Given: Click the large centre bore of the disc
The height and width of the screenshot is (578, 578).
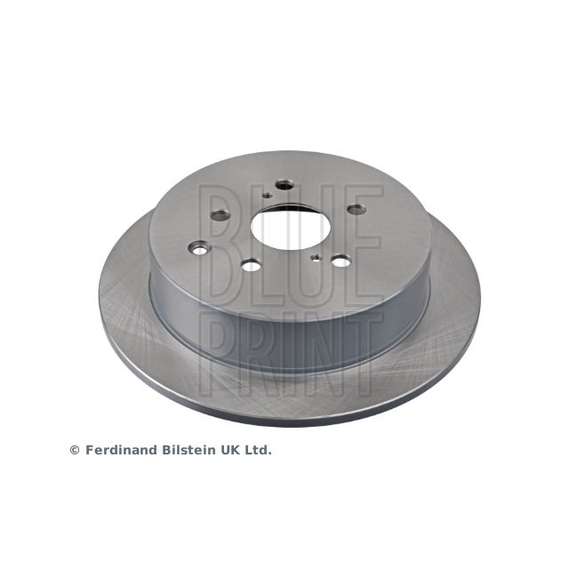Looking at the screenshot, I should (x=284, y=226).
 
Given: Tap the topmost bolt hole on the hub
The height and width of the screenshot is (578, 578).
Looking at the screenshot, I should (x=285, y=185).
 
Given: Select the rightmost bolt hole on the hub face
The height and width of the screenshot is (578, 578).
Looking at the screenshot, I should (x=356, y=209).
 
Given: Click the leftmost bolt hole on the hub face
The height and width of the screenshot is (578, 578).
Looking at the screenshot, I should (x=220, y=214).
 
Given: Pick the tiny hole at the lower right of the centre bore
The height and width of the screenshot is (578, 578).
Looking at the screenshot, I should (x=316, y=258).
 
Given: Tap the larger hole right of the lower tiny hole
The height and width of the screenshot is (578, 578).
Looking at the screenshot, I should (x=341, y=261).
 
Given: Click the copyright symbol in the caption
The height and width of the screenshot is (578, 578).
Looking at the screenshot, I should (x=75, y=450).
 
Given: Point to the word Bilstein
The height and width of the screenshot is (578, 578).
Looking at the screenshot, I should (x=188, y=450).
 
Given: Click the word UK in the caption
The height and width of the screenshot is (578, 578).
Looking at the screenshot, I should (x=231, y=450).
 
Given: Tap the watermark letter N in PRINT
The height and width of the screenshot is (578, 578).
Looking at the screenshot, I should (x=320, y=351).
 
